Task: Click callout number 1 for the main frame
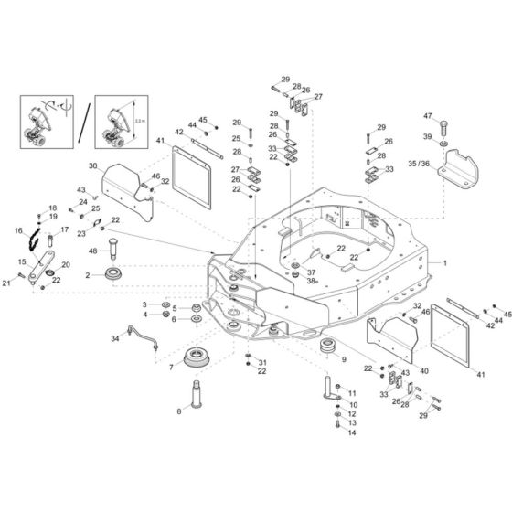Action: point(446,262)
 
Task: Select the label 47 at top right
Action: point(427,115)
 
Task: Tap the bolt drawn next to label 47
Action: point(444,125)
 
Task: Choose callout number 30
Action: point(92,166)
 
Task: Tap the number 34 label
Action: point(115,339)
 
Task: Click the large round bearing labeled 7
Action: point(204,357)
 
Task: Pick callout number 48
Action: point(92,251)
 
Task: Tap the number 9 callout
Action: point(344,360)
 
